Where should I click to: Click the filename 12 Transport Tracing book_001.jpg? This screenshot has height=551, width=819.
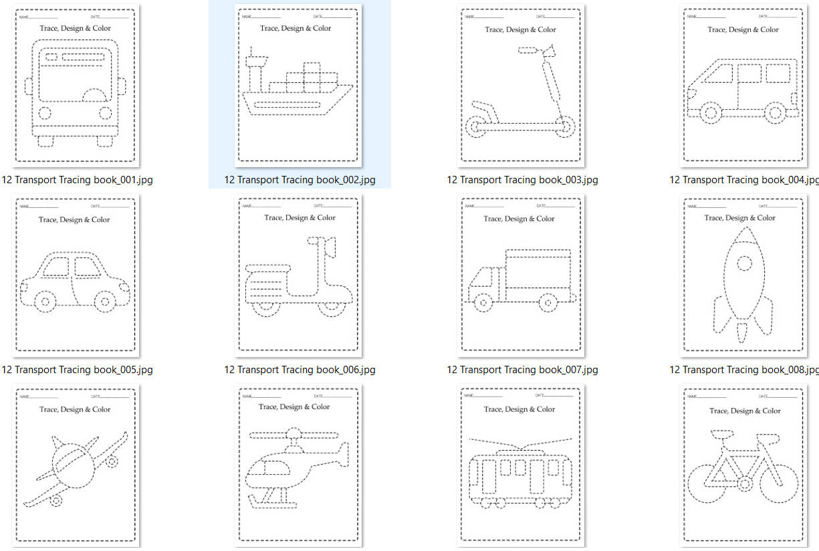77,180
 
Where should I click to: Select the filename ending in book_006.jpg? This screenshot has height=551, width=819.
300,370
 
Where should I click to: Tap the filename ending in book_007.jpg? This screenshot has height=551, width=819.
522,370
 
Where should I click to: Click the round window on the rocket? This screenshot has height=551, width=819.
743,263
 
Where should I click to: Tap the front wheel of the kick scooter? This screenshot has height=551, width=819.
565,126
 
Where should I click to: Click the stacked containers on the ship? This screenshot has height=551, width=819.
312,78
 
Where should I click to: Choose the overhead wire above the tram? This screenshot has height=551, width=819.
520,441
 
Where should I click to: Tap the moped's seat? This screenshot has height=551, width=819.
268,268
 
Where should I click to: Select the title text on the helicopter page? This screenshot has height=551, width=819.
294,407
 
